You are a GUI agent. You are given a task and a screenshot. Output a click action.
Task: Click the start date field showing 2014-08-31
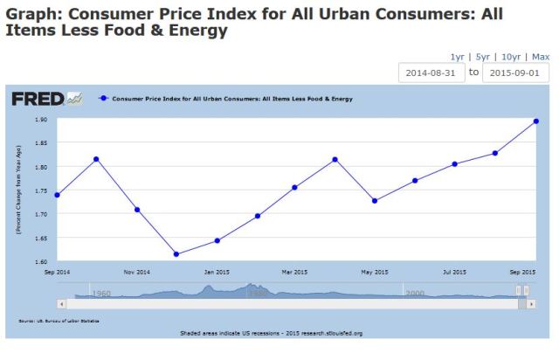[x=431, y=73]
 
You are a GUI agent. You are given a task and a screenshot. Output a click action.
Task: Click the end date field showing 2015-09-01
[x=516, y=73]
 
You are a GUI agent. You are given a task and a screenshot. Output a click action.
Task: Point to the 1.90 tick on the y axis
[x=41, y=120]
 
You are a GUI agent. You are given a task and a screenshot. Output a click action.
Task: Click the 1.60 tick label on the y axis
[x=41, y=261]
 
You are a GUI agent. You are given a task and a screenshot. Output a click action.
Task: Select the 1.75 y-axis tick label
[x=41, y=190]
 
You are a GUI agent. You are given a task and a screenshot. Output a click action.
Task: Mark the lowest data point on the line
[x=176, y=254]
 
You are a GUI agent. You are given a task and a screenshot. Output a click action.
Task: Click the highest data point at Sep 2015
[x=535, y=121]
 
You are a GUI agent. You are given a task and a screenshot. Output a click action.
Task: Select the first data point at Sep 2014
[x=57, y=195]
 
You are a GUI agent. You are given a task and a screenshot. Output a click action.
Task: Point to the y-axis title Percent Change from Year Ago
[x=17, y=190]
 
